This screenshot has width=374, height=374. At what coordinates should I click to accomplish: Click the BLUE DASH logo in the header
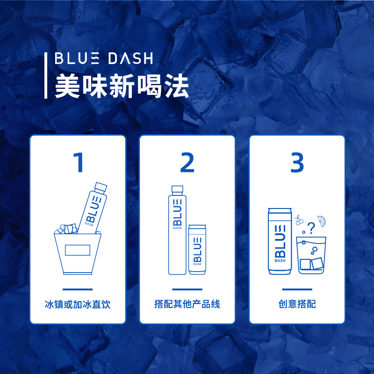click(103, 59)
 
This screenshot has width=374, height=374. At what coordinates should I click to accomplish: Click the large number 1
click(78, 162)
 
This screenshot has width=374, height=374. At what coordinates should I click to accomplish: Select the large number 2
click(187, 162)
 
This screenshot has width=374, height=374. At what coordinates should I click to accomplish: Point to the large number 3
click(297, 162)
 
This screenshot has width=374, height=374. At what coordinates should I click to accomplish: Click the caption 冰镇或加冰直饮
click(78, 304)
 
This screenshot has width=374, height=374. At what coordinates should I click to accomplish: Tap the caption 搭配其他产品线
click(187, 304)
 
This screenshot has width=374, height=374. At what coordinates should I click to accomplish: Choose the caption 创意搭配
click(297, 304)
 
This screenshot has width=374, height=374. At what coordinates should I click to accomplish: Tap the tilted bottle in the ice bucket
click(93, 208)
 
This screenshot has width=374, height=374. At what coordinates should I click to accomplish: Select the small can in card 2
click(197, 250)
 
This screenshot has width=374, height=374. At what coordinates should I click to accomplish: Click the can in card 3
click(280, 241)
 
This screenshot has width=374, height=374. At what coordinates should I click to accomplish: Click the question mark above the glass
click(312, 227)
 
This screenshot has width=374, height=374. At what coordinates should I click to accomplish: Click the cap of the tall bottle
click(177, 190)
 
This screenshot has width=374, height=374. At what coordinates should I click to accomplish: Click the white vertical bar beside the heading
click(46, 75)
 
